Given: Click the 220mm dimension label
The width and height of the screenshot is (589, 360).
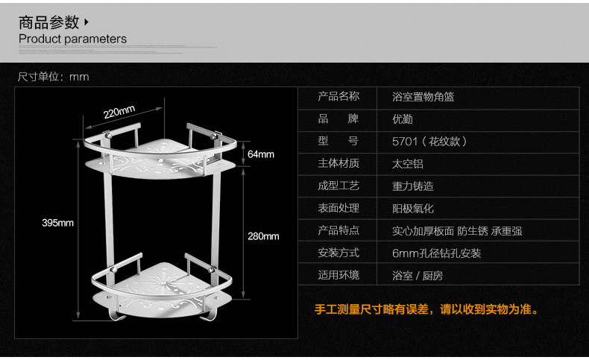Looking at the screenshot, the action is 119,113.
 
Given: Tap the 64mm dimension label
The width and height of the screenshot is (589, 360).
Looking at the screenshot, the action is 261,154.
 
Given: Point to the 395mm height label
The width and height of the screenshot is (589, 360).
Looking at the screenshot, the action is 57,223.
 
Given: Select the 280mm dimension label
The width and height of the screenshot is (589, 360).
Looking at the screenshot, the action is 263,236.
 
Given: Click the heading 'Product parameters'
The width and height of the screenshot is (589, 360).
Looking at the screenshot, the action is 72,39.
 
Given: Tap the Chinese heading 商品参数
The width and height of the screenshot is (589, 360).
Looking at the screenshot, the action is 48,22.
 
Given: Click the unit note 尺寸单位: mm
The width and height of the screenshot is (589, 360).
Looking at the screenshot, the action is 53,77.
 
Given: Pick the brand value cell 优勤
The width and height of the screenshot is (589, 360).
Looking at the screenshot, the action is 403,119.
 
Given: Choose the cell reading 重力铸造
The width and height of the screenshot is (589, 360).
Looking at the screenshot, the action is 413,186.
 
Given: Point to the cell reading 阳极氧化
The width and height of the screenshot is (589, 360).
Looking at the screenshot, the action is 413,209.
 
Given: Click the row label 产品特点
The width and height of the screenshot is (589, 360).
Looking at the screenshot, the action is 338,230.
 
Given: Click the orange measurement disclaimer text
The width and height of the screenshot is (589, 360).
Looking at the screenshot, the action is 426,309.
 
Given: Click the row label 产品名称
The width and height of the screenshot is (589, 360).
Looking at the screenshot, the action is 338,96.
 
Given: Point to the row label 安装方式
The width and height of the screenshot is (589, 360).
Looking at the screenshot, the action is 338,253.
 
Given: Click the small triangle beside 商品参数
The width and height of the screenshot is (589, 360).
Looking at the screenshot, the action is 87,22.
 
